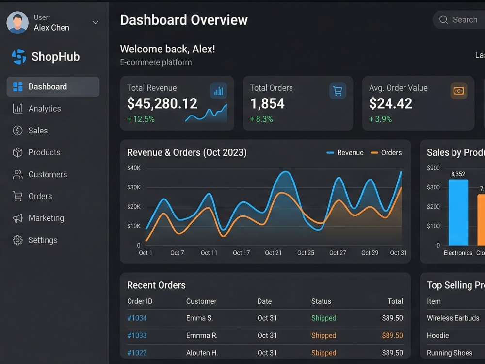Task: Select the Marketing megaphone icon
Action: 17,218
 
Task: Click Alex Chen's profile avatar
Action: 17,23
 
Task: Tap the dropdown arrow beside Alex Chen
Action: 96,23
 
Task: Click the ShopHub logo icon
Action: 19,57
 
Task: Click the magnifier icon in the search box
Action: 444,20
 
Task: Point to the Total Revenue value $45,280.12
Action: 162,103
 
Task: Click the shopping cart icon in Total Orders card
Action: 338,91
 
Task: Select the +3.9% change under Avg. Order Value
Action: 380,119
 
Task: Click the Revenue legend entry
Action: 345,152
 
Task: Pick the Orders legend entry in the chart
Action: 386,152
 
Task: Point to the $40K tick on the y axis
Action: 134,168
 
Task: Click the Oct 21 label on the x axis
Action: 273,253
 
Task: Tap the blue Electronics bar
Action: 458,213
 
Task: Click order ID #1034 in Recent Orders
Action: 137,318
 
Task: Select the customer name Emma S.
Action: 199,318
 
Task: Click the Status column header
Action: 321,301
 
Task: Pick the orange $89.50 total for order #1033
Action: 392,335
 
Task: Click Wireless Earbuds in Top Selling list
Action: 453,318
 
